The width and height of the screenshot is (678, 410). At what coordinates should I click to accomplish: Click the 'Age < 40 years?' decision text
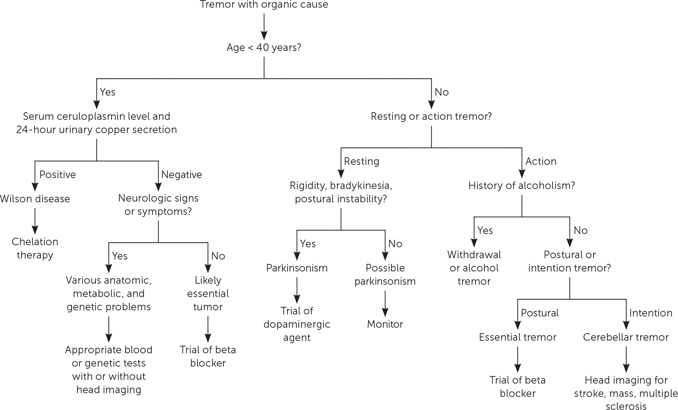[264, 47]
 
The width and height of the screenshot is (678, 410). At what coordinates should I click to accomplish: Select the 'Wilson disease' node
[35, 199]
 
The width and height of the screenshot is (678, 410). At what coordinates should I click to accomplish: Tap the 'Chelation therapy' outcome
[35, 248]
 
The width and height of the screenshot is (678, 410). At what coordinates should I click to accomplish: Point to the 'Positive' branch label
[57, 174]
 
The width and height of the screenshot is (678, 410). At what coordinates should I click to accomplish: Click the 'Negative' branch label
[181, 174]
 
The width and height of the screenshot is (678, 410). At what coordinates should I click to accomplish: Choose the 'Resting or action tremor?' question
[431, 116]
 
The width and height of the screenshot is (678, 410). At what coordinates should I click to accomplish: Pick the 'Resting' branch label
[362, 161]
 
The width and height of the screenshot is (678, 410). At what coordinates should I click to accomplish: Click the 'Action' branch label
[541, 161]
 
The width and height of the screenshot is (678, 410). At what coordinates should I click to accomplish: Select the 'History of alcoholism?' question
[521, 185]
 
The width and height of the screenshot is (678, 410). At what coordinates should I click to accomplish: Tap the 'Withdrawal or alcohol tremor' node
[474, 268]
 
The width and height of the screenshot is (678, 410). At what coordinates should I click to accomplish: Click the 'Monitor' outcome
[385, 324]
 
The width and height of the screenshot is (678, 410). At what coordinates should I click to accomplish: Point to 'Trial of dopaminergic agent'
[297, 324]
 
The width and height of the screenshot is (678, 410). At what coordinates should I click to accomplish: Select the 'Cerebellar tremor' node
[626, 337]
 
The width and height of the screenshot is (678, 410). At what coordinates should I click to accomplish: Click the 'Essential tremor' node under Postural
[517, 337]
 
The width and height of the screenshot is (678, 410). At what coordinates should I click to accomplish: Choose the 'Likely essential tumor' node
[208, 293]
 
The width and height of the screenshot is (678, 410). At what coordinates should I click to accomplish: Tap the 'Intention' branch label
[651, 313]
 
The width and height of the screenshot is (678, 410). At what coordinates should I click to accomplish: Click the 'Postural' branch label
[540, 313]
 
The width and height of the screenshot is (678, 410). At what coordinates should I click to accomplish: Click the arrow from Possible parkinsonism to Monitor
[385, 303]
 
